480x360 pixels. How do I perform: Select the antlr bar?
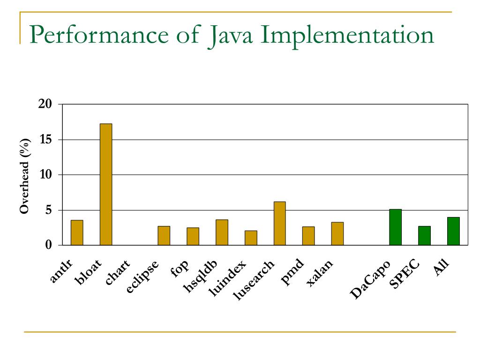(x=77, y=233)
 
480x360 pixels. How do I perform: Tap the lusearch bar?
(x=279, y=224)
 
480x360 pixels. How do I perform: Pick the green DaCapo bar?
(x=395, y=227)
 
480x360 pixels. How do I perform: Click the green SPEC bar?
(x=424, y=236)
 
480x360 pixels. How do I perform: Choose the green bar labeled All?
(x=453, y=231)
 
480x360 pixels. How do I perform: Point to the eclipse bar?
(x=164, y=236)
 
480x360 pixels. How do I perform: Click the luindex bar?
(x=251, y=238)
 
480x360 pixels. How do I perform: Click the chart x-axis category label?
(x=117, y=273)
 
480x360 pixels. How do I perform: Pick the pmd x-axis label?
(x=293, y=273)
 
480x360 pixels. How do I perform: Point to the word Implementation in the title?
(x=347, y=36)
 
